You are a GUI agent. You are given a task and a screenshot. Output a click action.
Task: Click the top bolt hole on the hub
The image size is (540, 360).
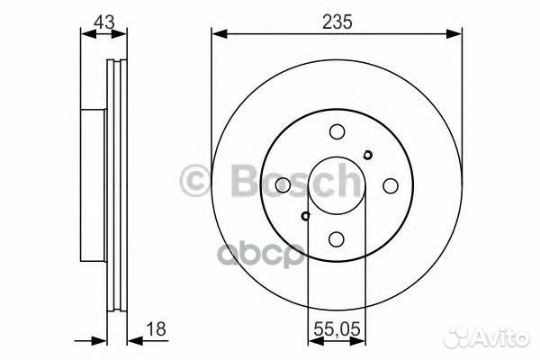point(336,130)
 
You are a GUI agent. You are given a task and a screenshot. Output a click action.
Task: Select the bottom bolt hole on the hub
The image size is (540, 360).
point(336,238)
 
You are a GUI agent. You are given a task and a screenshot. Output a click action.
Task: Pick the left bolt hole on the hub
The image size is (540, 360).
point(282,184)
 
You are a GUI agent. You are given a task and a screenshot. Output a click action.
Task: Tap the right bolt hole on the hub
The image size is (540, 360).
point(390,184)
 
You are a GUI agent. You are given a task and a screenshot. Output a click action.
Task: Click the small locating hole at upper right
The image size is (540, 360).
point(366,154)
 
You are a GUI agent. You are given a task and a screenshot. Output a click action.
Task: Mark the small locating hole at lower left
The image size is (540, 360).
point(306,215)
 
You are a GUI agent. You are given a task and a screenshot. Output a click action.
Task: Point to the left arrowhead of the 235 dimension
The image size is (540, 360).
point(219,35)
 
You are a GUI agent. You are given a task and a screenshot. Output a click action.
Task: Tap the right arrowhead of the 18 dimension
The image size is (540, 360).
point(131,340)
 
